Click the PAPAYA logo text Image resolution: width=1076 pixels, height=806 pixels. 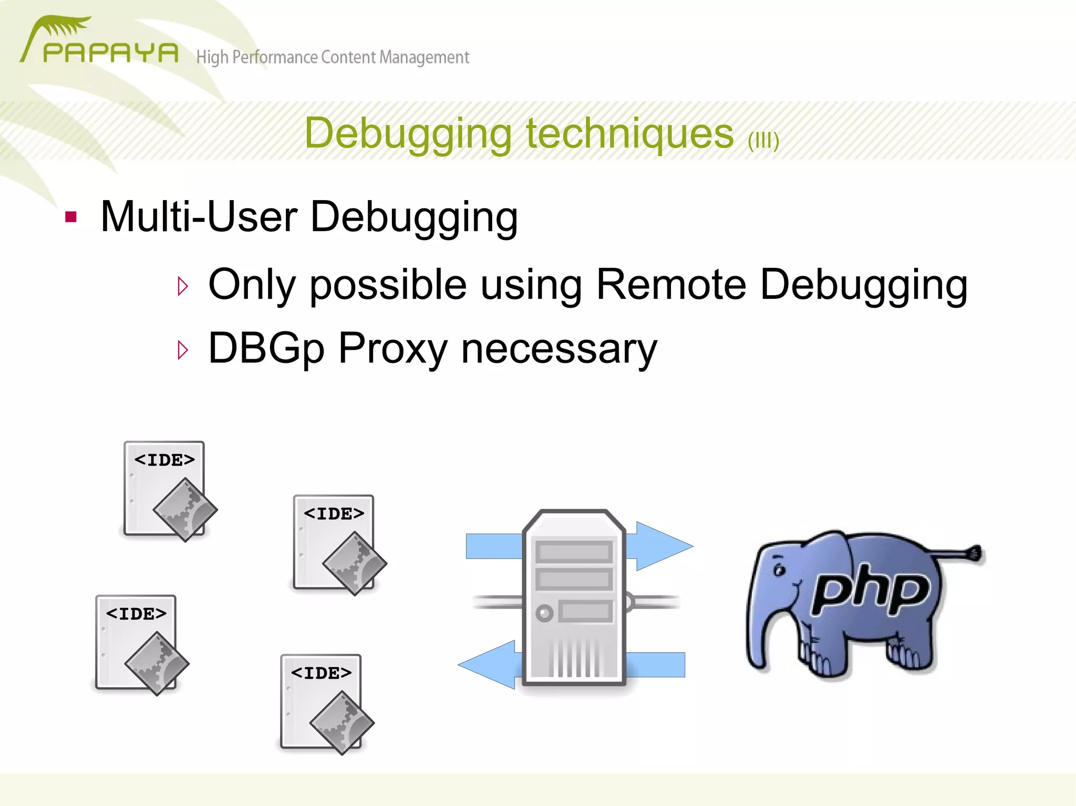(x=110, y=53)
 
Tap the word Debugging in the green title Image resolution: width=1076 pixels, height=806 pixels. (x=408, y=133)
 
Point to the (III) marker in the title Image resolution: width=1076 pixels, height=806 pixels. (x=763, y=140)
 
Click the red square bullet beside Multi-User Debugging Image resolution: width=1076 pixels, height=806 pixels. (x=71, y=217)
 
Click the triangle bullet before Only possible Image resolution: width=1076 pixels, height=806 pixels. (x=183, y=286)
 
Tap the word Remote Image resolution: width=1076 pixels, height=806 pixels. (x=671, y=285)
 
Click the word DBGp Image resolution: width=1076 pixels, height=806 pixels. (x=266, y=348)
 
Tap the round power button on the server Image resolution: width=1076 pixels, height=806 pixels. (x=544, y=613)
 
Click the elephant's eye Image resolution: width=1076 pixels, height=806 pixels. (x=780, y=569)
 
